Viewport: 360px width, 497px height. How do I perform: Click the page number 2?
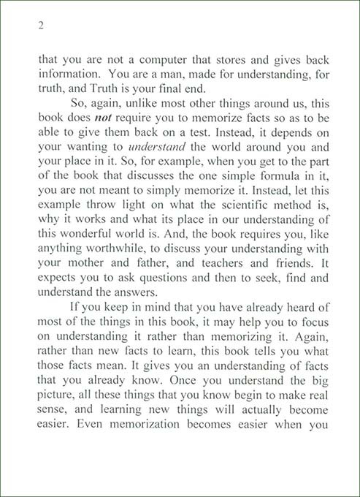click(x=41, y=26)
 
